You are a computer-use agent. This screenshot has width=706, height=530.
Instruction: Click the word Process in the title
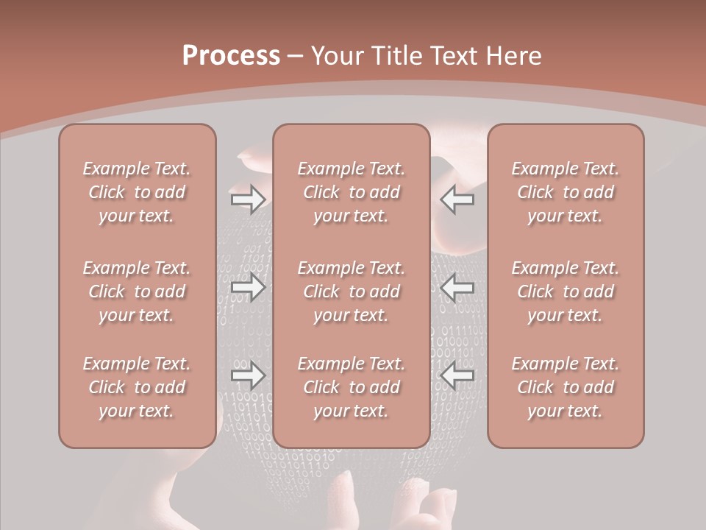(231, 56)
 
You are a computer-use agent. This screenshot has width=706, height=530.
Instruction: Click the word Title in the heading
(396, 56)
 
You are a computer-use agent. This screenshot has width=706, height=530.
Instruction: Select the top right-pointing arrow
(248, 199)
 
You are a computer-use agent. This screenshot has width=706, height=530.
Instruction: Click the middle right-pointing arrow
(248, 288)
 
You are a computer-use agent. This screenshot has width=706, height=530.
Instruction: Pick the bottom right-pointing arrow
(248, 376)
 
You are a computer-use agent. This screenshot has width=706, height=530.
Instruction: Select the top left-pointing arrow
(457, 199)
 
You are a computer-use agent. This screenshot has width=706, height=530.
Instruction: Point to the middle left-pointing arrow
(457, 288)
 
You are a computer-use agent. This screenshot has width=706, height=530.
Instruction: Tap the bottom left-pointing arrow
(457, 376)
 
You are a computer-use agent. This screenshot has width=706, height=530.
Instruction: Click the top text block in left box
(137, 192)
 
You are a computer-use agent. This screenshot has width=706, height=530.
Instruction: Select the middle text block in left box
(137, 291)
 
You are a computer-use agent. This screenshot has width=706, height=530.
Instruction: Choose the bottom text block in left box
(137, 387)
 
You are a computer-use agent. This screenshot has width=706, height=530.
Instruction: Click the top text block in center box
(351, 192)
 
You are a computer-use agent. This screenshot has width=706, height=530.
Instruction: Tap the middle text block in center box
(351, 291)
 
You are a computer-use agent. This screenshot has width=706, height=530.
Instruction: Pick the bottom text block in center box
(351, 387)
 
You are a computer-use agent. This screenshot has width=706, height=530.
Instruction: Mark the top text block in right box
(565, 192)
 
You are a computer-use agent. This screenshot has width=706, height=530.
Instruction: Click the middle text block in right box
(565, 291)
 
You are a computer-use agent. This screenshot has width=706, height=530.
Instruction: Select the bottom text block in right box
(565, 387)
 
